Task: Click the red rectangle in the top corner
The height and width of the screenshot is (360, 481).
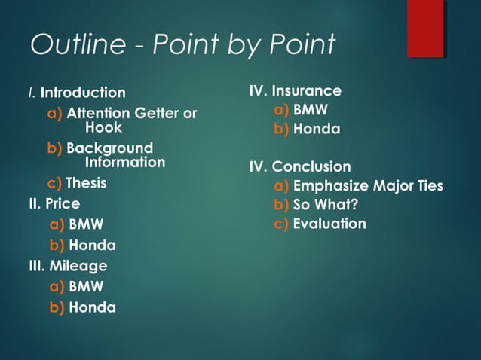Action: [x=426, y=28]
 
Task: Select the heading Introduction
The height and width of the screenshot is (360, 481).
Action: [x=83, y=93]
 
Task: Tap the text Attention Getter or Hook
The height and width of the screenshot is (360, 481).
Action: [x=131, y=121]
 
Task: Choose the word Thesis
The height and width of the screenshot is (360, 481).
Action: [x=86, y=183]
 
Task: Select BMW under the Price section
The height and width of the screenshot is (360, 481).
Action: [x=86, y=224]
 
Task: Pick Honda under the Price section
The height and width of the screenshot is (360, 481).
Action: [x=92, y=246]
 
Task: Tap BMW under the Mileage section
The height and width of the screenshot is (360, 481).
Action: [x=86, y=286]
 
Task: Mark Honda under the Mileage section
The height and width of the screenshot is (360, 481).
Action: [x=92, y=307]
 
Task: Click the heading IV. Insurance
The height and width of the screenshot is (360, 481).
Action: [x=296, y=91]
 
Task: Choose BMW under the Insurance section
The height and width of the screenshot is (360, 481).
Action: [x=311, y=110]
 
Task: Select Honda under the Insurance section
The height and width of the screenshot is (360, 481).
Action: [x=317, y=130]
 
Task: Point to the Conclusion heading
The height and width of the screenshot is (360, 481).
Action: [x=311, y=166]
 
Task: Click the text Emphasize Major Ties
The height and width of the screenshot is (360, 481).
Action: [x=367, y=186]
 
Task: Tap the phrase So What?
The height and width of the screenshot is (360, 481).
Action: [x=325, y=205]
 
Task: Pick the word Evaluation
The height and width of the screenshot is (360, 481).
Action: [x=329, y=224]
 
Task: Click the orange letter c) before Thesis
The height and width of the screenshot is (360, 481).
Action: [x=54, y=183]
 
